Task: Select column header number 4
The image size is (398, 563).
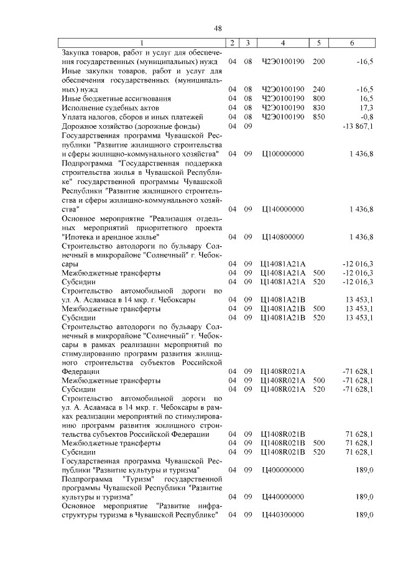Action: tap(283, 43)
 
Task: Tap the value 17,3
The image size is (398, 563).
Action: tap(364, 108)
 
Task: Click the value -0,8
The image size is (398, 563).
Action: tap(365, 117)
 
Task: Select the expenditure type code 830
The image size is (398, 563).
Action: tap(319, 108)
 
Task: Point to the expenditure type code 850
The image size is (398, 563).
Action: tap(319, 117)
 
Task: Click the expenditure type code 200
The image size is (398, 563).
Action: tap(319, 63)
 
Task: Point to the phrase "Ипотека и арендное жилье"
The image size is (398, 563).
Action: tap(111, 237)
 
